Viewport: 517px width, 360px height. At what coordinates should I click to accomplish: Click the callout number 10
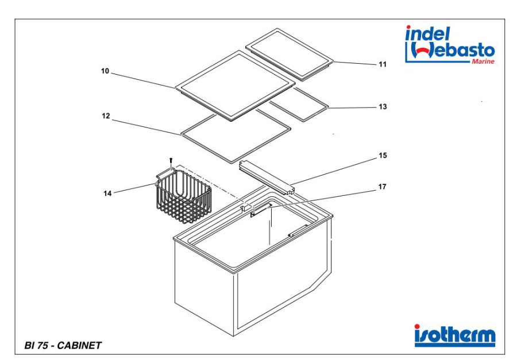coord(105,71)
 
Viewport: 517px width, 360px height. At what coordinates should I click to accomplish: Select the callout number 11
coord(382,64)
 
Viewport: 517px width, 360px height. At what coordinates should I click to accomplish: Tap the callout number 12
coord(106,115)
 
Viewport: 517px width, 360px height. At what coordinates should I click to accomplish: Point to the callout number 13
coord(382,107)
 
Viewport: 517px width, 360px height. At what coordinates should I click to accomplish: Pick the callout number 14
coord(107,193)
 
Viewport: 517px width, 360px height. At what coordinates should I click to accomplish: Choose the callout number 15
coord(382,156)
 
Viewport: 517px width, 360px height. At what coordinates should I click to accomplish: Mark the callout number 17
coord(382,187)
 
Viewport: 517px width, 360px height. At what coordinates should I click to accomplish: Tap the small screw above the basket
coord(171,161)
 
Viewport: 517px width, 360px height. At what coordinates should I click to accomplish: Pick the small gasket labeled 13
coord(298,104)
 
